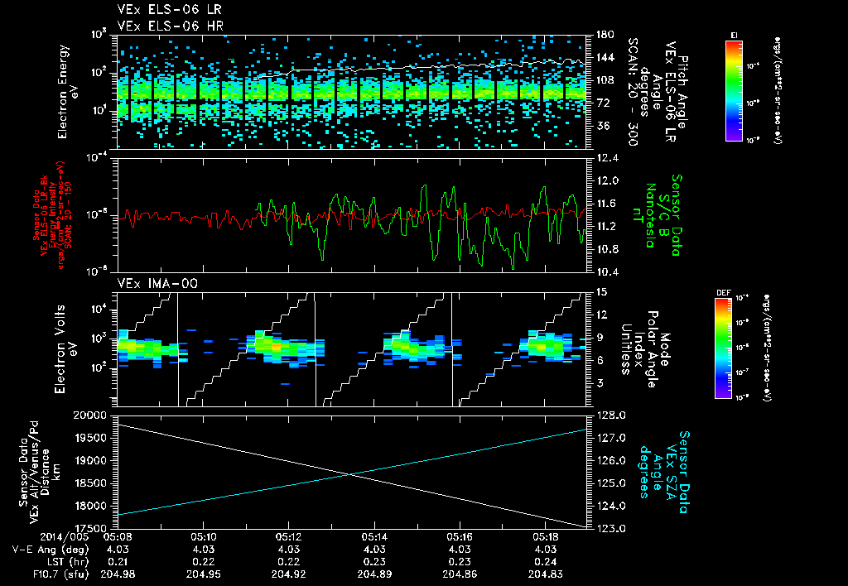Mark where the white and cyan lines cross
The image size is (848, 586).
352,474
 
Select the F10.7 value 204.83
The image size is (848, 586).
545,573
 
